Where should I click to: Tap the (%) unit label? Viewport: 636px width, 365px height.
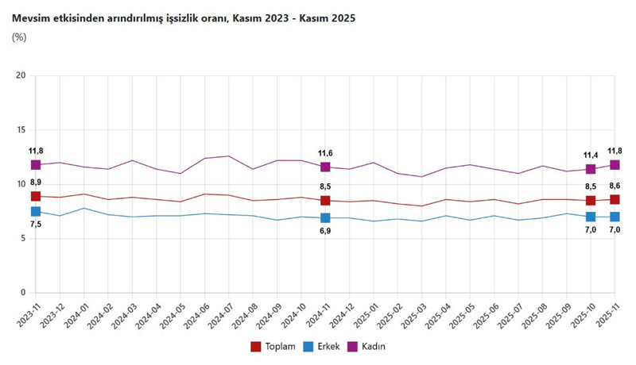tap(20, 36)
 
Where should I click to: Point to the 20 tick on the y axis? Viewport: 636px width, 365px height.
tap(21, 75)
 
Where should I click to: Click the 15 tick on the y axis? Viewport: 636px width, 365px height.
tap(21, 129)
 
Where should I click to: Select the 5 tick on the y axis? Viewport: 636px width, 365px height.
tap(24, 238)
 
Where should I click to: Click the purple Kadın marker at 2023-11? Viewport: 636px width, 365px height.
tap(36, 165)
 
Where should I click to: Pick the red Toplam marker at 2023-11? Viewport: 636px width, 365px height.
tap(36, 196)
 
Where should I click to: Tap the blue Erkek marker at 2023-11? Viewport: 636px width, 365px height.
tap(36, 211)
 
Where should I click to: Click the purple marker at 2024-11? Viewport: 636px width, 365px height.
tap(325, 167)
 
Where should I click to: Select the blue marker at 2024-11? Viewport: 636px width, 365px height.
tap(325, 217)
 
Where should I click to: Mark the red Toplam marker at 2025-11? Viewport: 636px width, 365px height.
tap(615, 199)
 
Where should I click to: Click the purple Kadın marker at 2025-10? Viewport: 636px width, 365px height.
tap(590, 169)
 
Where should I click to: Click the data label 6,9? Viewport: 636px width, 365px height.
tap(325, 231)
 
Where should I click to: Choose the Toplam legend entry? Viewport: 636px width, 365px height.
tap(273, 346)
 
